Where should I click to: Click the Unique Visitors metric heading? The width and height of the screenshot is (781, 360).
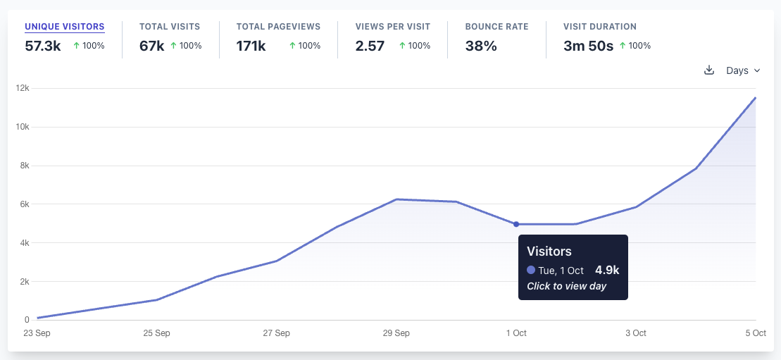point(65,27)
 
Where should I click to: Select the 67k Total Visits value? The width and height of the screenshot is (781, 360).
point(151,46)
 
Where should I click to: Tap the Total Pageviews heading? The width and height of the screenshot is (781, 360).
point(278,27)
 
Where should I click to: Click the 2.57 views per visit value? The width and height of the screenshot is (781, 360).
point(370,46)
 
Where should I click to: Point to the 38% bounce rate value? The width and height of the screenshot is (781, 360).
point(481,46)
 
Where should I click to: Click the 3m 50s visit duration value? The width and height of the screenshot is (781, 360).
point(588,46)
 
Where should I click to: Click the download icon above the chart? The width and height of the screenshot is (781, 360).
point(709,70)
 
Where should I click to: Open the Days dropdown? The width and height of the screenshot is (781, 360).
point(743,70)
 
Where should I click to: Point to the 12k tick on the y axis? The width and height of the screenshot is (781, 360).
point(23,88)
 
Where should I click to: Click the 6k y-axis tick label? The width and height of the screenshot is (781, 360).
point(24,204)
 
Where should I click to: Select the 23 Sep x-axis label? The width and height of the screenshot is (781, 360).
point(37,333)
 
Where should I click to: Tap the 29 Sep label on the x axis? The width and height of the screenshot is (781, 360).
point(396,333)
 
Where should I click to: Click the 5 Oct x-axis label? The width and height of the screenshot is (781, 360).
point(755,333)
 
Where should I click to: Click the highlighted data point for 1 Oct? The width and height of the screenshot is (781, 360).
point(516,224)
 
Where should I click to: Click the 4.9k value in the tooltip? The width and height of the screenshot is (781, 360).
point(607,270)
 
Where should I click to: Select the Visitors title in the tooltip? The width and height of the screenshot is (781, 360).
point(549,252)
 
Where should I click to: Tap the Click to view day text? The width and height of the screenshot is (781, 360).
point(566,286)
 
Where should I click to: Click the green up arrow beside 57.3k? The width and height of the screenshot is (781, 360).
point(76,46)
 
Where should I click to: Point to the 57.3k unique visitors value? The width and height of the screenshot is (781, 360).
point(43,46)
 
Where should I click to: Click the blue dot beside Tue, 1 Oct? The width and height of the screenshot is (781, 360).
point(531,270)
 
